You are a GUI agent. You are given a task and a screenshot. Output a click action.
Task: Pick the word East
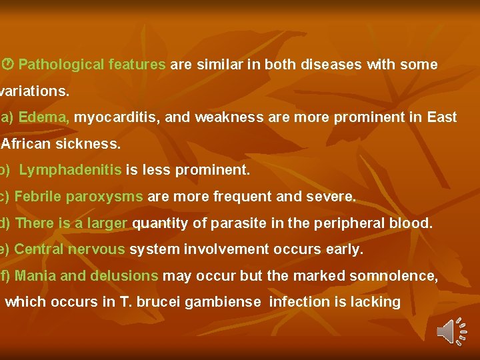pos(442,117)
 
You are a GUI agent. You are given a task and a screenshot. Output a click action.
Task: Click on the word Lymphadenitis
pos(70,170)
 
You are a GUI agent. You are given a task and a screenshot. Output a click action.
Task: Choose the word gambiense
pos(223,302)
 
